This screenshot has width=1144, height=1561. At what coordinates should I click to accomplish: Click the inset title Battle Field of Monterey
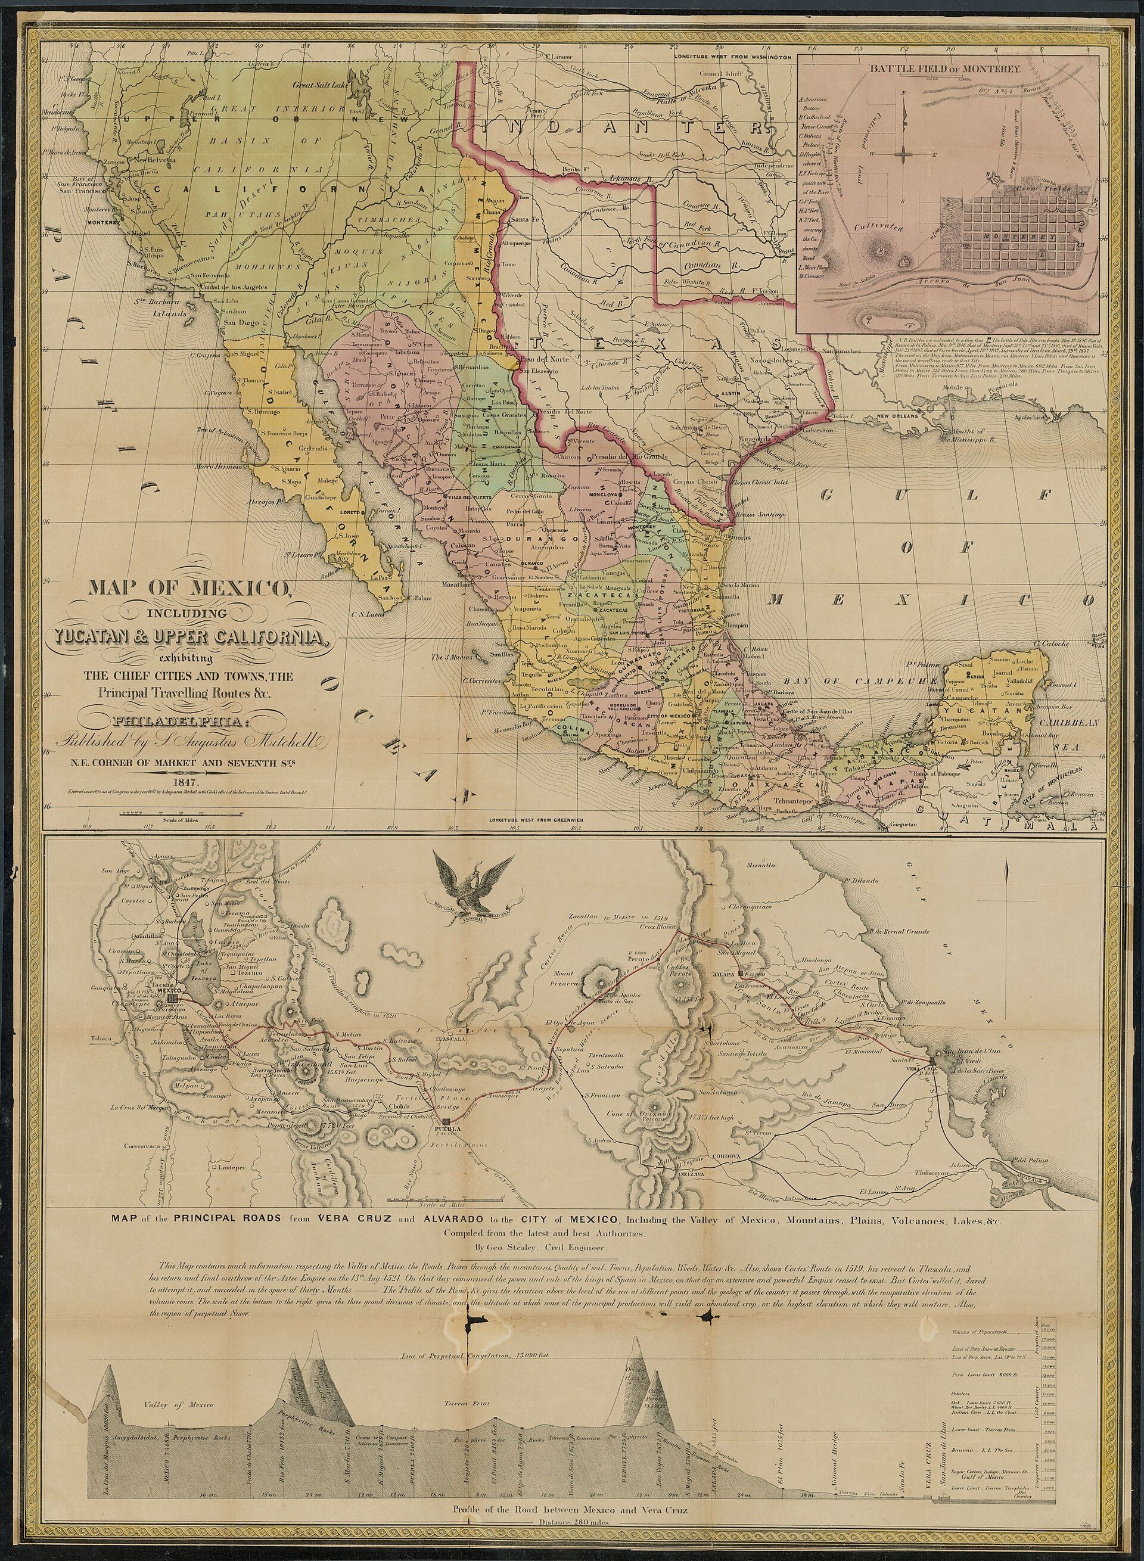tap(946, 69)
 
